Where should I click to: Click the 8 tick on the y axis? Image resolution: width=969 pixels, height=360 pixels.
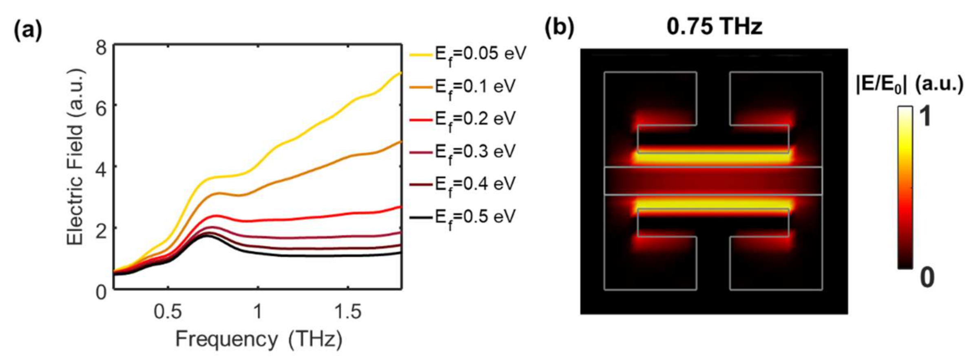pos(101,48)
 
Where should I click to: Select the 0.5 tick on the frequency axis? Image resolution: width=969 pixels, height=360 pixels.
pos(168,312)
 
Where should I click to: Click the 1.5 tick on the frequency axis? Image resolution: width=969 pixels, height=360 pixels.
pos(348,312)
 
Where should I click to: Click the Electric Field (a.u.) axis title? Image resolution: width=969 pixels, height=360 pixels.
pos(76,157)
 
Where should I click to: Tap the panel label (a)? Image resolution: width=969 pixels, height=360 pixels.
pos(28,31)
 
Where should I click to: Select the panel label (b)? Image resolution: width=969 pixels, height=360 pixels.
pos(560,28)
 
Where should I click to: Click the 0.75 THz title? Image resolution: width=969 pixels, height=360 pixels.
pos(714,27)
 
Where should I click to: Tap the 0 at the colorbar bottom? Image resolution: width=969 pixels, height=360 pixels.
pos(927,278)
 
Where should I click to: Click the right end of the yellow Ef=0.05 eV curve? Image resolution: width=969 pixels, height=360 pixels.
pos(401,73)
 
